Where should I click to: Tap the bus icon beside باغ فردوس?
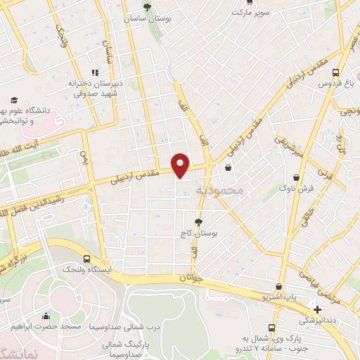coord(336,72)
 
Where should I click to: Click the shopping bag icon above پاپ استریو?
coord(279,286)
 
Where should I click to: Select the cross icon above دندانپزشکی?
coord(318,309)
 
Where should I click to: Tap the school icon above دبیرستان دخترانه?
coord(95,72)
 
